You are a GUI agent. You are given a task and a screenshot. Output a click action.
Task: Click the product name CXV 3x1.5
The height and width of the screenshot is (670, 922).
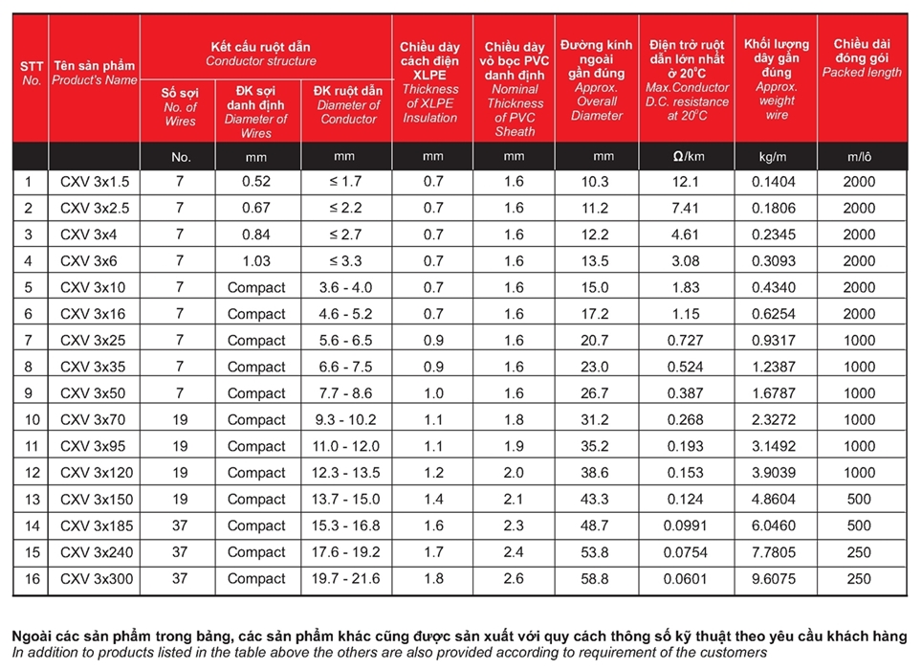tap(94, 182)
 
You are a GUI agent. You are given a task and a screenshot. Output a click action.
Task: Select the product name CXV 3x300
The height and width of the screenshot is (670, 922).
tap(94, 579)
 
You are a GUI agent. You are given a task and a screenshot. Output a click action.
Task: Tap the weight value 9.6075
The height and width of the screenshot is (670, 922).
tap(777, 579)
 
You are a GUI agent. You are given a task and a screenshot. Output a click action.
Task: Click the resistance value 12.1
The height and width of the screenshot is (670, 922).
tap(687, 182)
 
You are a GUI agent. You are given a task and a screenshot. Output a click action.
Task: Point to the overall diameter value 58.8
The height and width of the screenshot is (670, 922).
tap(596, 579)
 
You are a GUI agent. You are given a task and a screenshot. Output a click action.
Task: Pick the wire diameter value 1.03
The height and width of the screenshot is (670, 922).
tap(255, 261)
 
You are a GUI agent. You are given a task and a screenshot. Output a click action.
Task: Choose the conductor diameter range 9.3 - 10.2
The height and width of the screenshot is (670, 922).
tap(346, 420)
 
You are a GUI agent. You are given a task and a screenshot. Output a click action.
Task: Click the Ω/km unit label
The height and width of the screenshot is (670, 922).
tap(687, 156)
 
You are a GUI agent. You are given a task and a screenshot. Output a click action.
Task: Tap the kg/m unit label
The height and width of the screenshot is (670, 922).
tap(777, 156)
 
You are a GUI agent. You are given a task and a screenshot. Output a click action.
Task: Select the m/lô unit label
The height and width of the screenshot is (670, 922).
tap(859, 156)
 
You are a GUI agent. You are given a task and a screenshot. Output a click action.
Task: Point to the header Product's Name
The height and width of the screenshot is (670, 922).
tap(94, 80)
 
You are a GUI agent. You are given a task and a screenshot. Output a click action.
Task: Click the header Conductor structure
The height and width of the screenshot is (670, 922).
tap(260, 61)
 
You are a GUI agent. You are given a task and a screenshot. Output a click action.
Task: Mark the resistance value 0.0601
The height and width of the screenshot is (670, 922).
tap(687, 579)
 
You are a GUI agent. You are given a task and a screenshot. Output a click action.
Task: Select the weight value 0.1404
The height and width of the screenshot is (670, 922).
tap(777, 182)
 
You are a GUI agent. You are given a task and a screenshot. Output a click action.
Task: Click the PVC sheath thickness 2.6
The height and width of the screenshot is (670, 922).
tap(514, 579)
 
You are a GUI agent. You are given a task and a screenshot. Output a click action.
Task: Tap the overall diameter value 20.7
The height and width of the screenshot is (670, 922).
tap(596, 341)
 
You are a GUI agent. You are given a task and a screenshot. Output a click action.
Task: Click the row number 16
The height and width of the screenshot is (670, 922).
tap(31, 579)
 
